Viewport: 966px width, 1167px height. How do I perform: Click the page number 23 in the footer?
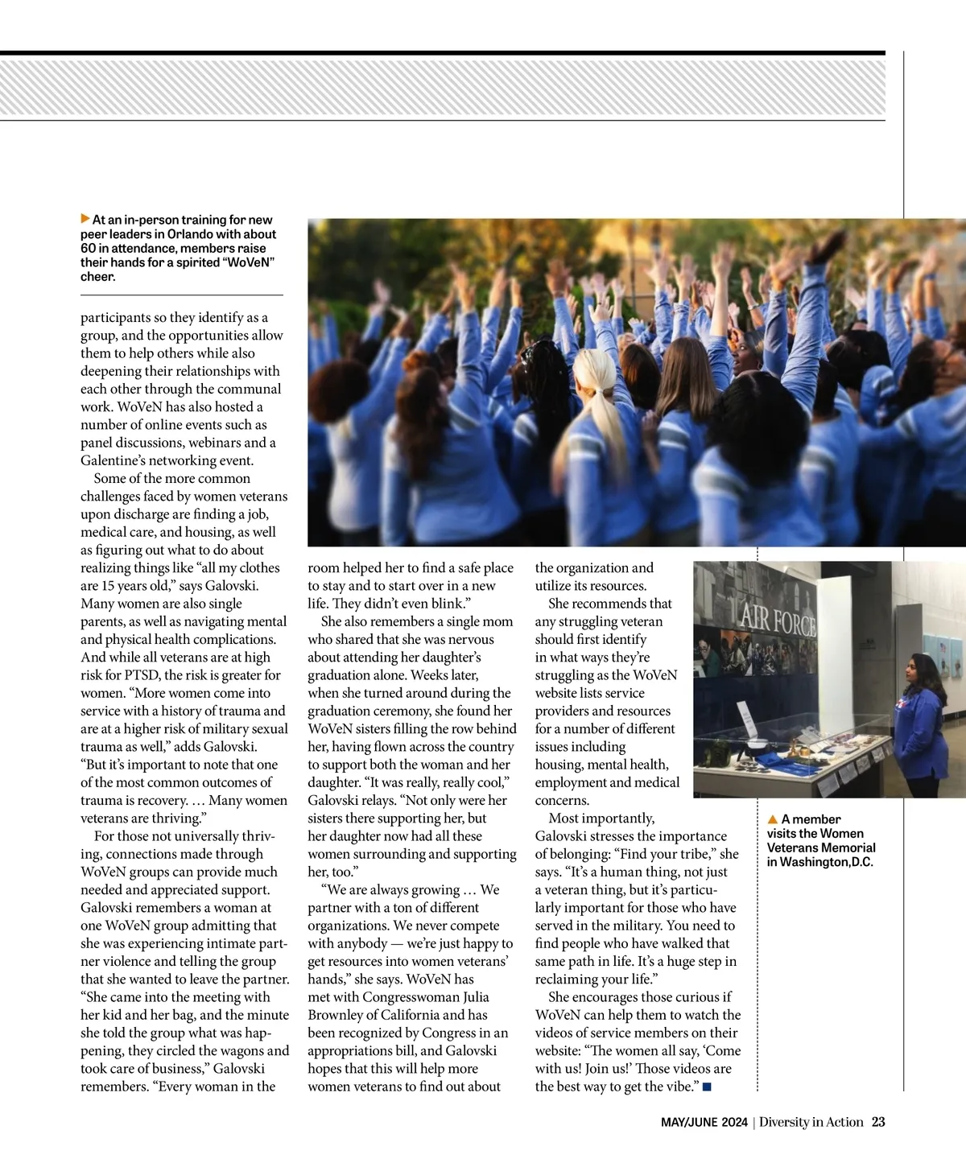(x=878, y=1122)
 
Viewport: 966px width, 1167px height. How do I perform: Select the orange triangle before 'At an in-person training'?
(x=85, y=219)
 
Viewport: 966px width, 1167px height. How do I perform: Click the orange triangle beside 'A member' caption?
(x=773, y=819)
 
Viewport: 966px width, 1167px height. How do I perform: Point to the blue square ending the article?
(x=707, y=1087)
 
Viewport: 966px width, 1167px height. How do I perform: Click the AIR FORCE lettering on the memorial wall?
(x=778, y=620)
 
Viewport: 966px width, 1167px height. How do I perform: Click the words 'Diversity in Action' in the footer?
(x=811, y=1122)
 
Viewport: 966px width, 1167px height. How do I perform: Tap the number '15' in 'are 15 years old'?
(x=109, y=586)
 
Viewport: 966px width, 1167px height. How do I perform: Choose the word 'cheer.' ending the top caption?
(x=98, y=277)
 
